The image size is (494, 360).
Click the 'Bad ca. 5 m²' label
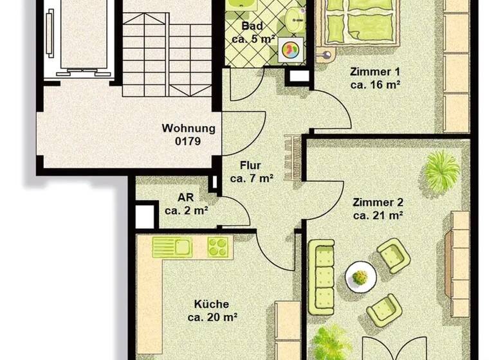click(253, 32)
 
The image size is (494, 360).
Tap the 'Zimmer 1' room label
click(375, 77)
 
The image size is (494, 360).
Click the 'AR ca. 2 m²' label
click(185, 204)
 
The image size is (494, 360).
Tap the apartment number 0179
click(188, 140)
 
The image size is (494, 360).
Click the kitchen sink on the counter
click(172, 247)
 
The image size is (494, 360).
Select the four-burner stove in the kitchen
click(217, 247)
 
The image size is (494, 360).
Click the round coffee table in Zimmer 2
click(361, 277)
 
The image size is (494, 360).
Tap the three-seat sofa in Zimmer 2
click(321, 277)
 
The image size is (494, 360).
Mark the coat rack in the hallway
click(293, 157)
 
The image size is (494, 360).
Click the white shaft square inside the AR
click(145, 216)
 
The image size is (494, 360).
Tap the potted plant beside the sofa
click(332, 341)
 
